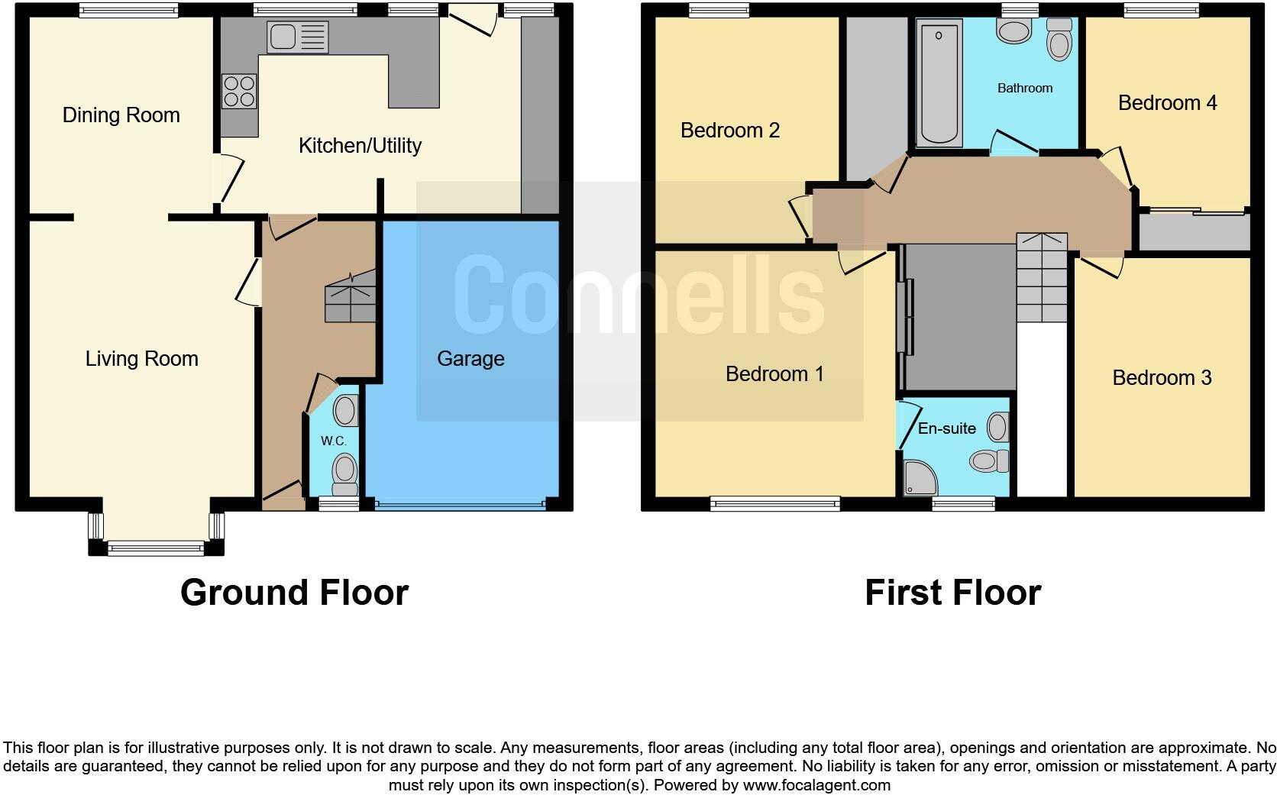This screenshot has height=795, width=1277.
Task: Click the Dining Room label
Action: (x=121, y=115)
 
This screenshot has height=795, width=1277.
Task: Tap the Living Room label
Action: (x=141, y=359)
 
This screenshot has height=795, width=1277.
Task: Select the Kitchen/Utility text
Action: (x=360, y=145)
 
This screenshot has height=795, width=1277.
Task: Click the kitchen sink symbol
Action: (x=297, y=37)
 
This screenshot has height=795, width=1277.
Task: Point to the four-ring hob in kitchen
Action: (x=239, y=90)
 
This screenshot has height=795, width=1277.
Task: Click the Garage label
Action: (x=470, y=359)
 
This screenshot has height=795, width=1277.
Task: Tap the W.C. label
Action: (x=334, y=441)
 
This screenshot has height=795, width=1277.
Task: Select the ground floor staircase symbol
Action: (x=351, y=297)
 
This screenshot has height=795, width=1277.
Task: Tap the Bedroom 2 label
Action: (x=729, y=131)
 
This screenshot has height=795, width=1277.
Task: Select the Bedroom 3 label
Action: (x=1162, y=378)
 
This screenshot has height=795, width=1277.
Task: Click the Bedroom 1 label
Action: (x=774, y=374)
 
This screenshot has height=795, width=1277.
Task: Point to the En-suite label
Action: (x=946, y=428)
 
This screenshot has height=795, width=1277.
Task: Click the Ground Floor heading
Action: (x=294, y=593)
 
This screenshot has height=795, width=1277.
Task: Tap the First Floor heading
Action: (x=952, y=593)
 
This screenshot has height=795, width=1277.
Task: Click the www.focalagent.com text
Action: (x=816, y=785)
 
